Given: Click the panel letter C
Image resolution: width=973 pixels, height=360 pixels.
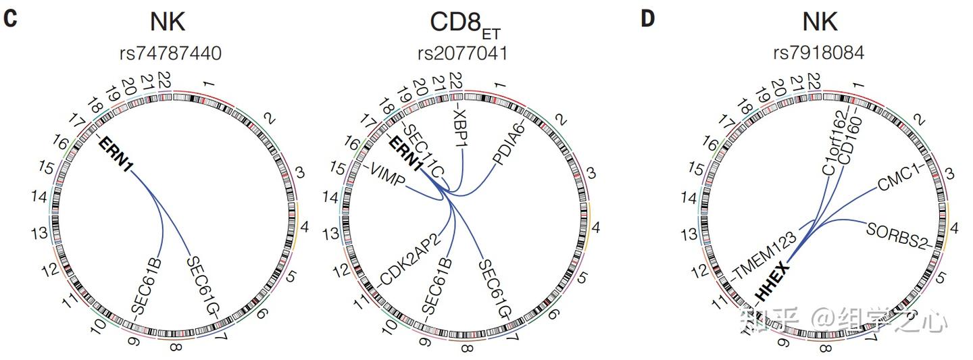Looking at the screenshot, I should [10, 18].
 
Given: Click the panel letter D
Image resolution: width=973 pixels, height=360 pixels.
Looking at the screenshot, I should [647, 18].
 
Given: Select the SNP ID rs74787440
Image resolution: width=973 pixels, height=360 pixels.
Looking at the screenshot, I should [168, 53].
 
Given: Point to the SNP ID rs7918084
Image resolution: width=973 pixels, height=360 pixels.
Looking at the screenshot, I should [820, 53].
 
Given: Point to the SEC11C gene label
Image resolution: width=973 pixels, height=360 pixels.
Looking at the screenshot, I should [422, 149].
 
